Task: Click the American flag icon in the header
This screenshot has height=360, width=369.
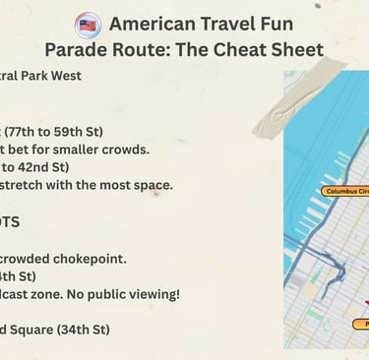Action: click(x=88, y=25)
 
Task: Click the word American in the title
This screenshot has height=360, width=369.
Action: click(x=152, y=25)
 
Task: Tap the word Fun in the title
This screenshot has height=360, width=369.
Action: click(x=299, y=25)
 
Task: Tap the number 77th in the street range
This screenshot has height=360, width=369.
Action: click(x=29, y=131)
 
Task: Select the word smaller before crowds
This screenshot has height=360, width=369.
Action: click(x=81, y=149)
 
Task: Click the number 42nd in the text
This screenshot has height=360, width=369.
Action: click(x=37, y=166)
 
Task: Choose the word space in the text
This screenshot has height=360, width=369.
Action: click(x=152, y=184)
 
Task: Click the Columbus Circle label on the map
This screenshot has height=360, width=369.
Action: click(x=344, y=191)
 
